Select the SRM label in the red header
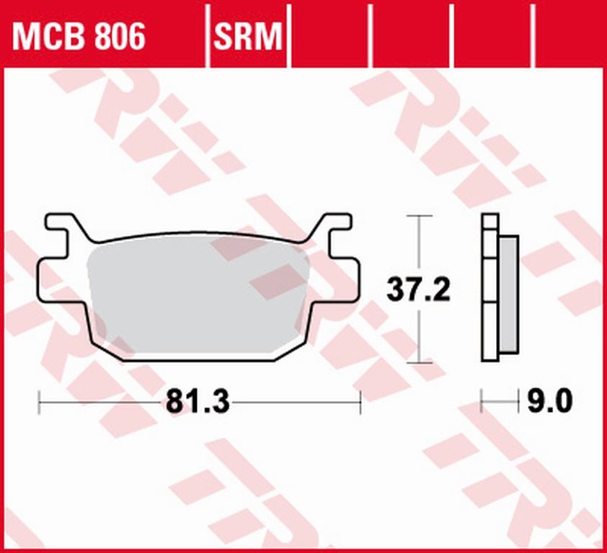click(x=247, y=36)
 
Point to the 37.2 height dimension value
click(x=418, y=290)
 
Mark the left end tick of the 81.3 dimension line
click(x=39, y=403)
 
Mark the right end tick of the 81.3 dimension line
click(x=360, y=403)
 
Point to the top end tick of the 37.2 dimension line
click(x=419, y=215)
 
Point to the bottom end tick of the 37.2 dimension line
click(x=419, y=364)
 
